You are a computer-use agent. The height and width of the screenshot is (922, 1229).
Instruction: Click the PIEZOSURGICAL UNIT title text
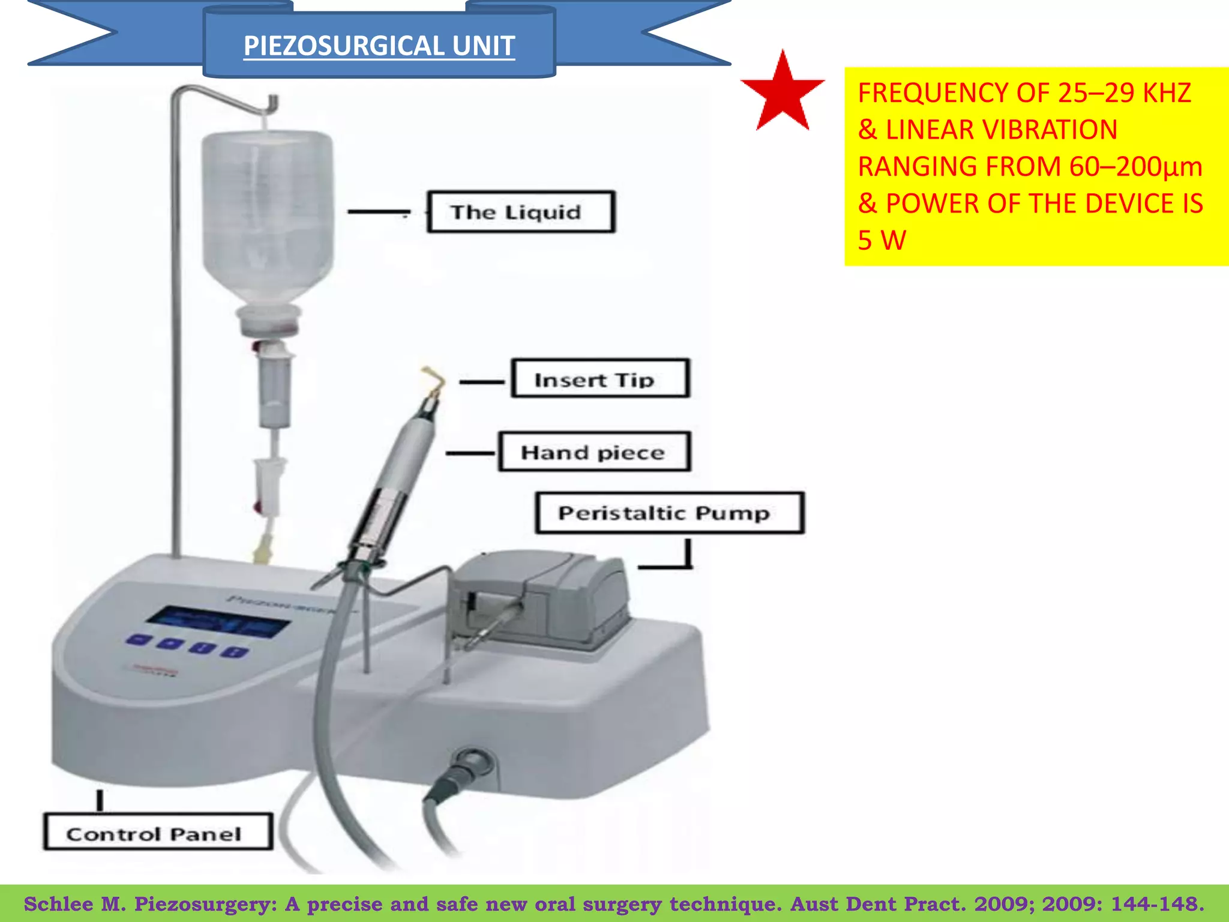pyautogui.click(x=379, y=46)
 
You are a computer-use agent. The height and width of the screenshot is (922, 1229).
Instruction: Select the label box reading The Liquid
pyautogui.click(x=521, y=212)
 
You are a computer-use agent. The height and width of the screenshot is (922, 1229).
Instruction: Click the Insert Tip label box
pyautogui.click(x=600, y=379)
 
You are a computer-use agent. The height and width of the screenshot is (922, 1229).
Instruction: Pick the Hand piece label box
pyautogui.click(x=594, y=452)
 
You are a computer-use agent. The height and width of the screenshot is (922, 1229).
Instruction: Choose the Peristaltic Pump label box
pyautogui.click(x=669, y=513)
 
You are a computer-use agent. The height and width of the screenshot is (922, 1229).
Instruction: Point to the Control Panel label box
pyautogui.click(x=158, y=833)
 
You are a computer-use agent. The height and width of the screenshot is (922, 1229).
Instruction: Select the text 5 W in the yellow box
pyautogui.click(x=881, y=241)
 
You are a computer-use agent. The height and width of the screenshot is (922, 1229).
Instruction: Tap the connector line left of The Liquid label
pyautogui.click(x=378, y=211)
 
